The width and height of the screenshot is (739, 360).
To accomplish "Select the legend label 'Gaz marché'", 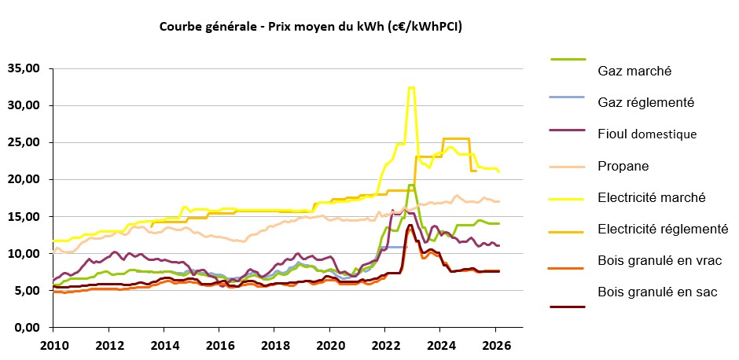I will pos(634,71).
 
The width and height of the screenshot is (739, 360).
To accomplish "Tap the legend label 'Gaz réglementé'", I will pos(645,102).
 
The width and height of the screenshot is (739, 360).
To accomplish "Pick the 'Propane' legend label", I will pos(623,166).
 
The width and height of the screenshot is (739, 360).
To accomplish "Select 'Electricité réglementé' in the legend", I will pos(663,229).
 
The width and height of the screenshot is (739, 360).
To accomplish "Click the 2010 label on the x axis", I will pos(53,345).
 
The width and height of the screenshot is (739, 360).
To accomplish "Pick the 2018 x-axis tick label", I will pos(274,345).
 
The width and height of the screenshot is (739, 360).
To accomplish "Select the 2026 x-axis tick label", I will pos(495,345).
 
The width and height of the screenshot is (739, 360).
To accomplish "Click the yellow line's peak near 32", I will pos(410,88).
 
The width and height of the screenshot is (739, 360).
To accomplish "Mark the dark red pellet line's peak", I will pos(410,226).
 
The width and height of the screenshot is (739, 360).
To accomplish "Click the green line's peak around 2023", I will pos(411,186).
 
